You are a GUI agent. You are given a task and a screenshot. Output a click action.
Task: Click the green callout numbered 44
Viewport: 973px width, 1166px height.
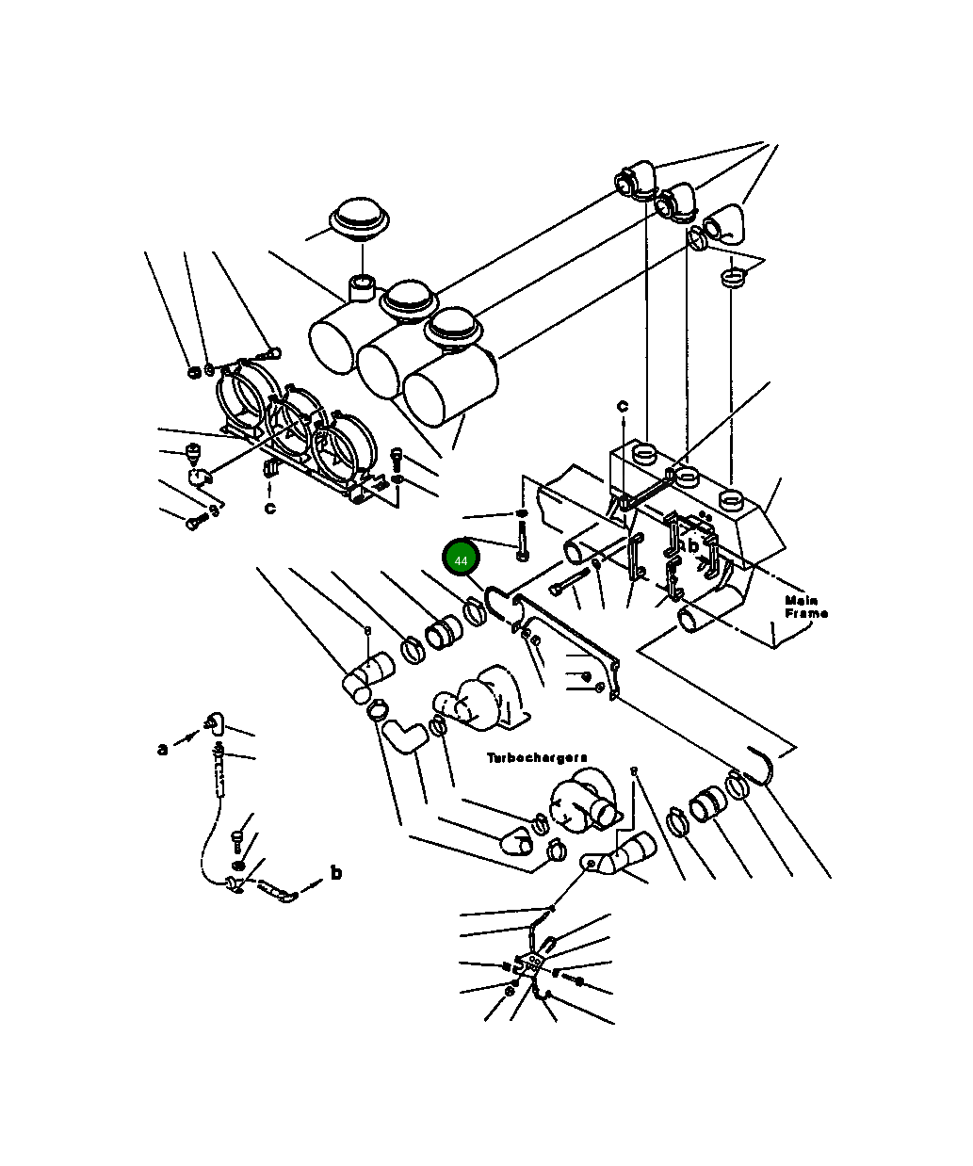pos(461,559)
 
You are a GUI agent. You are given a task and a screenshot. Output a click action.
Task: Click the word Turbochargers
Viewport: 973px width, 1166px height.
pos(537,758)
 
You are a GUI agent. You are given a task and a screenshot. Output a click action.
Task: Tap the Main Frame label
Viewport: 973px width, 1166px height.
pos(806,607)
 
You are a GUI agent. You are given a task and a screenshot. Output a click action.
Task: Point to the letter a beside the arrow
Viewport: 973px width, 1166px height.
pos(163,750)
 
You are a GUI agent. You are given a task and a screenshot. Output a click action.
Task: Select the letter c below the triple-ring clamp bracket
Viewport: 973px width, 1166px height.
pos(269,509)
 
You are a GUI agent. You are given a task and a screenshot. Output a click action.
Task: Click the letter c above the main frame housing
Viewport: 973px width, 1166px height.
pos(623,406)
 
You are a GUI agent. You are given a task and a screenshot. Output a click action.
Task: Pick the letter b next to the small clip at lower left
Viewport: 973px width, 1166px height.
pos(335,872)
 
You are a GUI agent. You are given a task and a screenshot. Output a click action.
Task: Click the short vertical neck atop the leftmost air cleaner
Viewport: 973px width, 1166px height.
pos(362,287)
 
